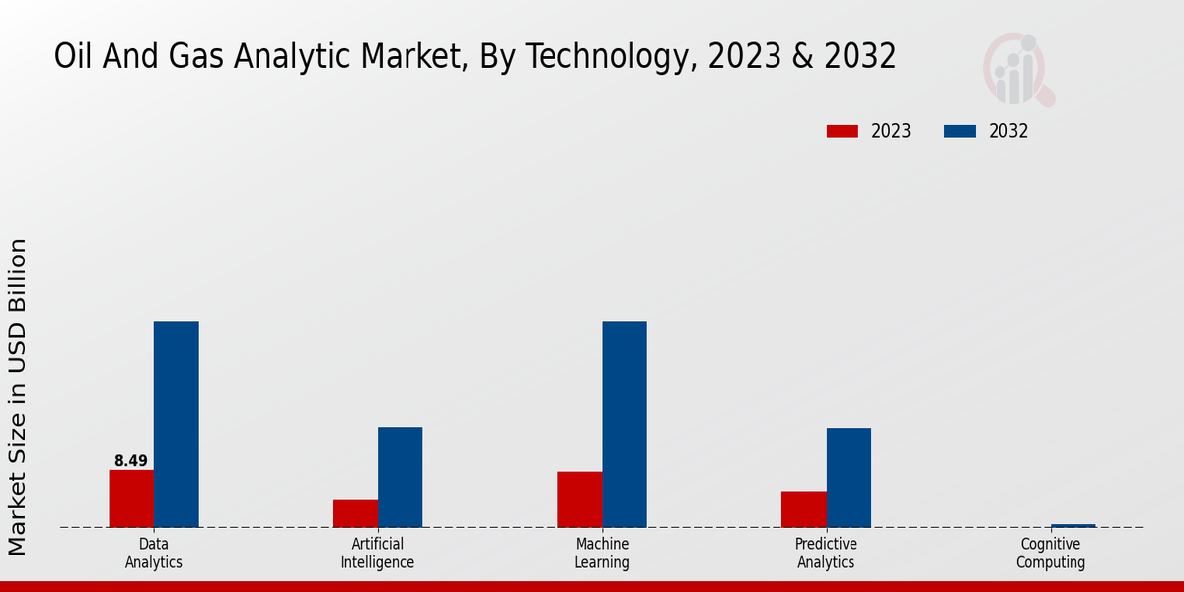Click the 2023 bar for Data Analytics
(131, 498)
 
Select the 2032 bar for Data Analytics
(176, 424)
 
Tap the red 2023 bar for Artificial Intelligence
(355, 513)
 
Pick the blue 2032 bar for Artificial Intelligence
(400, 478)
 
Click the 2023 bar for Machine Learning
(579, 499)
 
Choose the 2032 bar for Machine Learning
(625, 424)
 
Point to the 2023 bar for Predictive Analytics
(803, 509)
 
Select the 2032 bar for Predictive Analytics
(849, 478)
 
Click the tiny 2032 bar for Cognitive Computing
(1073, 526)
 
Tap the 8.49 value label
(131, 461)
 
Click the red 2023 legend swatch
(843, 131)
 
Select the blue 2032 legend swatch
(960, 131)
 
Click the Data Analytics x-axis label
(154, 554)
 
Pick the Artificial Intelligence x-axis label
(378, 554)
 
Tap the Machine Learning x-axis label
(602, 554)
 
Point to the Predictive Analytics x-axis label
(826, 554)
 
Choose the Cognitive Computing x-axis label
(1051, 554)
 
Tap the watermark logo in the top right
(1018, 69)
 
